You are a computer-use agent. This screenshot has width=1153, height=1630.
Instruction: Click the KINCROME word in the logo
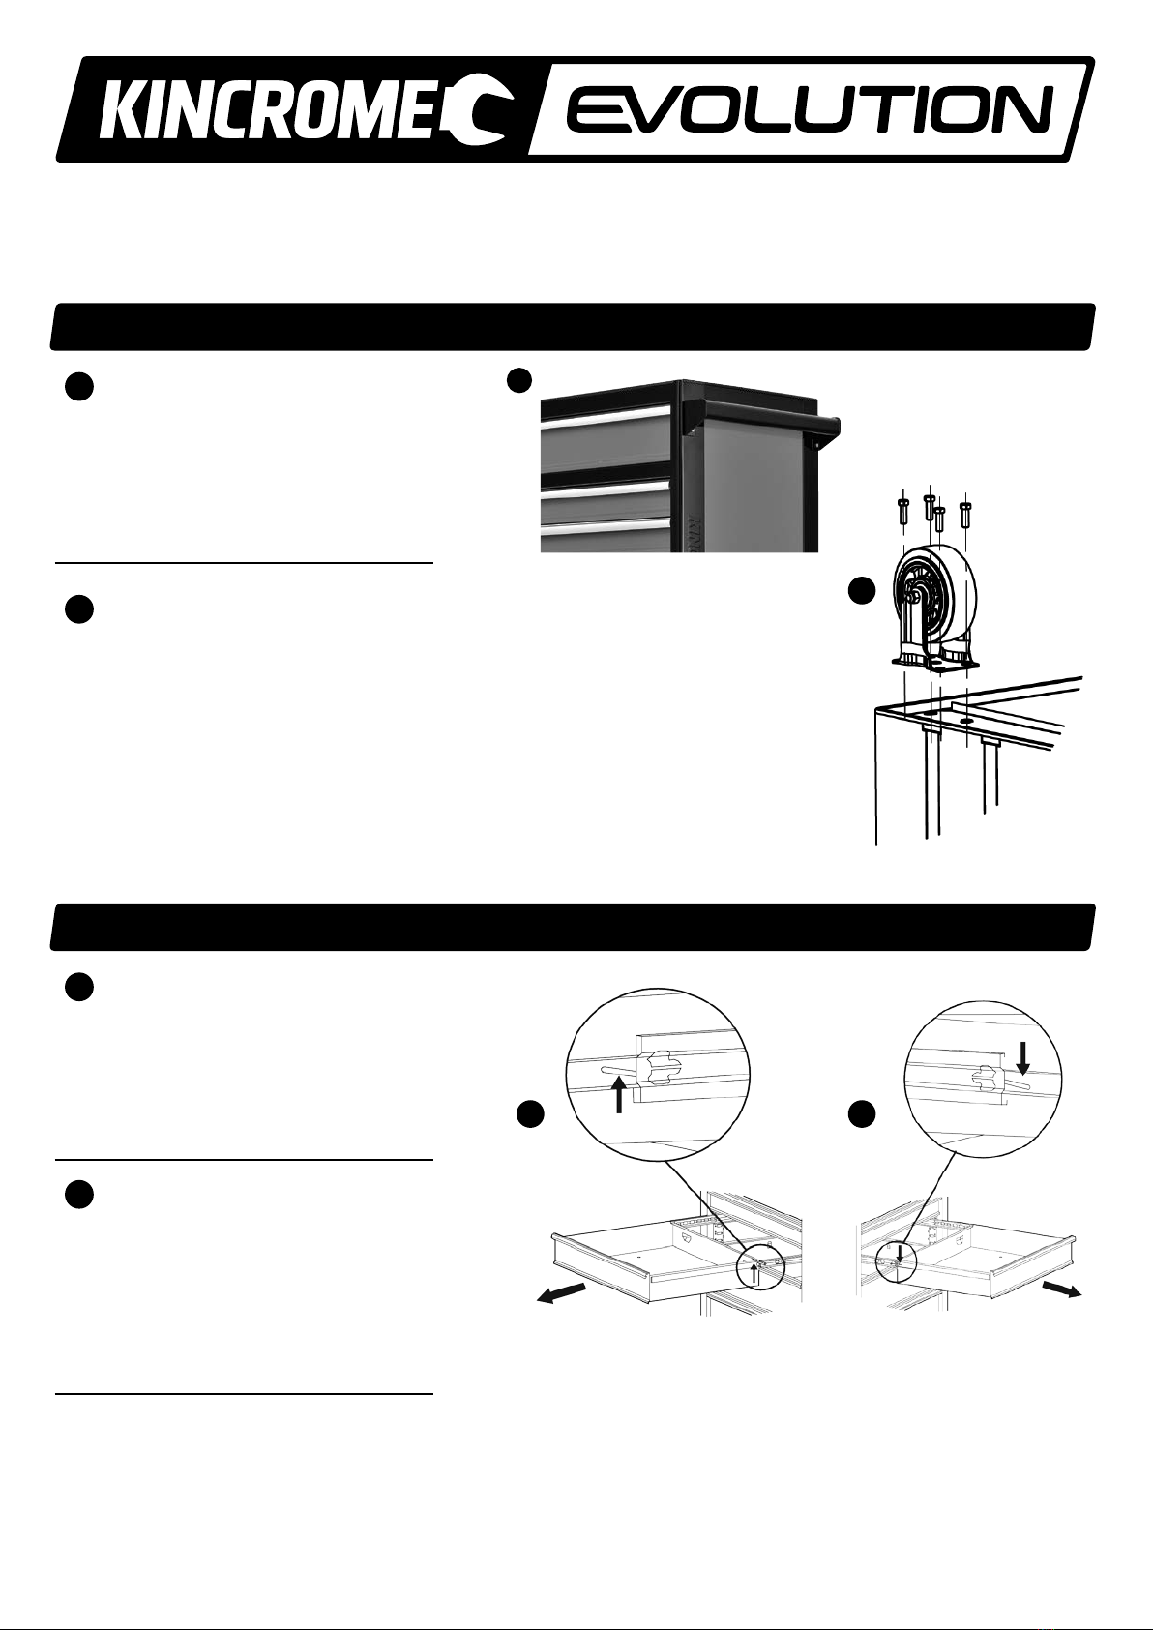281,109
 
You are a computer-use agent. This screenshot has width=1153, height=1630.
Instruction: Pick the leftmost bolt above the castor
902,509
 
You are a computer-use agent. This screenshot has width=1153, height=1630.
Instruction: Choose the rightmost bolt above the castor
965,511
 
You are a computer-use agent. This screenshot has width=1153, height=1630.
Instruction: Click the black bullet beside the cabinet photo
521,380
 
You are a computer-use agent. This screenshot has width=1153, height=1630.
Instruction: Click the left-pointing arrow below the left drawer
562,1293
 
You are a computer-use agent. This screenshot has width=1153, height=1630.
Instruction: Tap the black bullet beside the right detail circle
861,1115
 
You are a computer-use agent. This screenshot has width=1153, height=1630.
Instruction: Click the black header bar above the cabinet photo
571,327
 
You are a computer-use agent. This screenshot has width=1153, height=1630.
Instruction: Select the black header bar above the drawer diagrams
571,928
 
